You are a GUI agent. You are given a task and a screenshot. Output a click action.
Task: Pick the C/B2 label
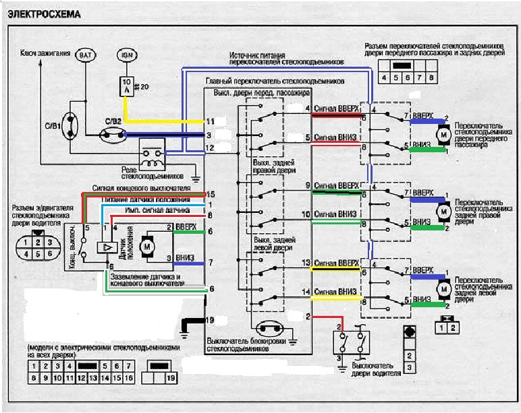[x=112, y=122]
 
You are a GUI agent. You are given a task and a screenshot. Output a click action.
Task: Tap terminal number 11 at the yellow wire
[x=210, y=121]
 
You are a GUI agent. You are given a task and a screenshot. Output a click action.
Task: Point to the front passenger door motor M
[x=443, y=135]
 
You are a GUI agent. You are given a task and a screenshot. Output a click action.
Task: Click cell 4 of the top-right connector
[x=385, y=77]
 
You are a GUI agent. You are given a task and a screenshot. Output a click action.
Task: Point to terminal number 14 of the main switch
[x=306, y=292]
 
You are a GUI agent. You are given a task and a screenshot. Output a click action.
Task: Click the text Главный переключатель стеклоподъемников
[x=275, y=81]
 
